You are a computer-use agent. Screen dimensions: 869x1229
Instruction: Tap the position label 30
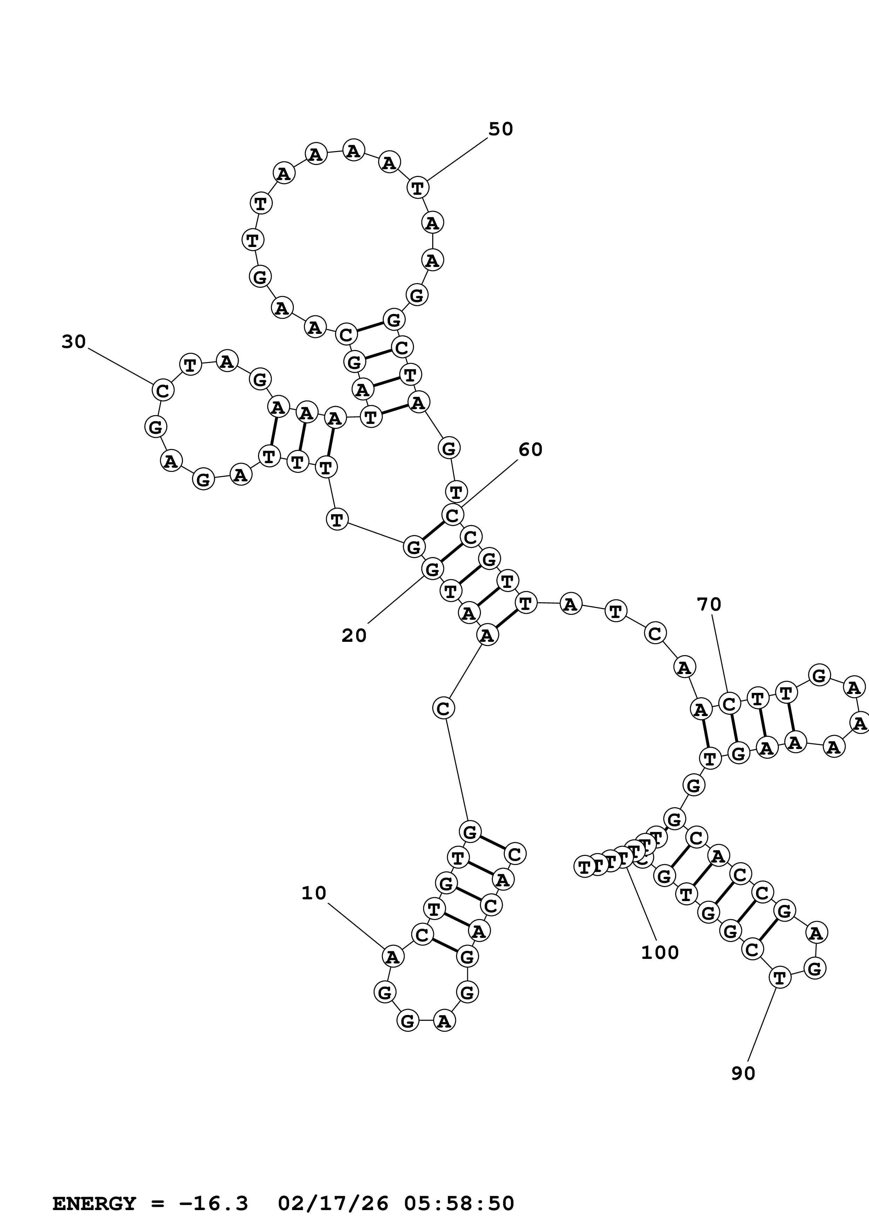click(74, 342)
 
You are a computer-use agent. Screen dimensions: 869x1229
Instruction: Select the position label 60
click(530, 449)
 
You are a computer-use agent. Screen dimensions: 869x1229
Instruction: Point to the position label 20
click(354, 636)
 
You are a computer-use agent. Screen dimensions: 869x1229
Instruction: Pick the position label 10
click(314, 893)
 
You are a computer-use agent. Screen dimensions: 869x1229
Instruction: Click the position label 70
click(709, 604)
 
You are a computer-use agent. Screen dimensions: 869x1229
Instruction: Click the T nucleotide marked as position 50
click(417, 188)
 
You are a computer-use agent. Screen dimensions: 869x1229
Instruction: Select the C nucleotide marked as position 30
click(163, 390)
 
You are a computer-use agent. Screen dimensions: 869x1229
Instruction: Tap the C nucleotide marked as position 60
click(453, 515)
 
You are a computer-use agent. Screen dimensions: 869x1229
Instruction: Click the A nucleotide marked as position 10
click(393, 956)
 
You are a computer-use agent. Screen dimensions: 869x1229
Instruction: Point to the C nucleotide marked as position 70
click(729, 704)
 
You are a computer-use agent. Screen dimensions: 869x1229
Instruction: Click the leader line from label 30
click(121, 367)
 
